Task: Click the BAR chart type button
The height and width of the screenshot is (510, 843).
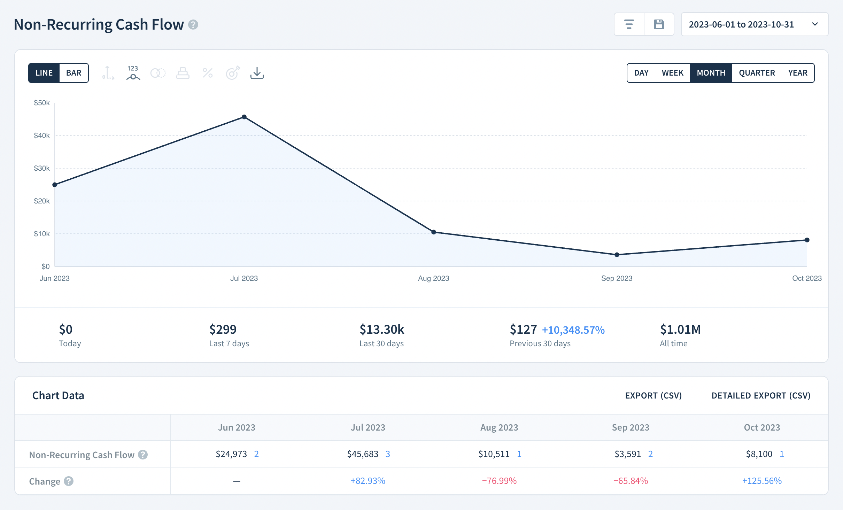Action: point(74,73)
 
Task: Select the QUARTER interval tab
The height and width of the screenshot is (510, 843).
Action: point(757,73)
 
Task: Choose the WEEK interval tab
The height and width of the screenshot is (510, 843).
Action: point(672,73)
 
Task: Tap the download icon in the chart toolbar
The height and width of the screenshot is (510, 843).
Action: point(257,73)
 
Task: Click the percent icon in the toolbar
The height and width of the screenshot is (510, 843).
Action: point(208,73)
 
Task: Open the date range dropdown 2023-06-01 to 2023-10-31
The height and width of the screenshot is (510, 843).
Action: point(754,24)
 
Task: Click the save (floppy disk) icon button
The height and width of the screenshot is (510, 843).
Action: point(659,24)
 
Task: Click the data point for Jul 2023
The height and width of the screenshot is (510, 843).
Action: point(244,117)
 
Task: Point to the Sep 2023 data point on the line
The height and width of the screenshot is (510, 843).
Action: point(617,255)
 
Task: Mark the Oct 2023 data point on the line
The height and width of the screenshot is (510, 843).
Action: point(807,240)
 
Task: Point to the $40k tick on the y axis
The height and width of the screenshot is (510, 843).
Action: point(42,136)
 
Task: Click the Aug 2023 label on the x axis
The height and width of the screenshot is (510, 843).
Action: point(433,278)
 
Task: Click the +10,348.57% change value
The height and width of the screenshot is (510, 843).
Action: point(573,330)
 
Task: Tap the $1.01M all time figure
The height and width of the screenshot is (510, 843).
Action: point(680,330)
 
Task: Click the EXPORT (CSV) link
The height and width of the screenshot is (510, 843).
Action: point(653,395)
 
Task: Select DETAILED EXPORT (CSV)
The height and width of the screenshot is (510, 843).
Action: point(761,395)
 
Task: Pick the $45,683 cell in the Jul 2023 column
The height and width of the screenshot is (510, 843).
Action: point(363,454)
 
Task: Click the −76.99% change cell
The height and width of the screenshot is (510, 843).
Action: point(499,481)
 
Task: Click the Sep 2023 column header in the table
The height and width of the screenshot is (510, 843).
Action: point(631,427)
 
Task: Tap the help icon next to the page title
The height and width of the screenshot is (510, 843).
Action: point(193,25)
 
